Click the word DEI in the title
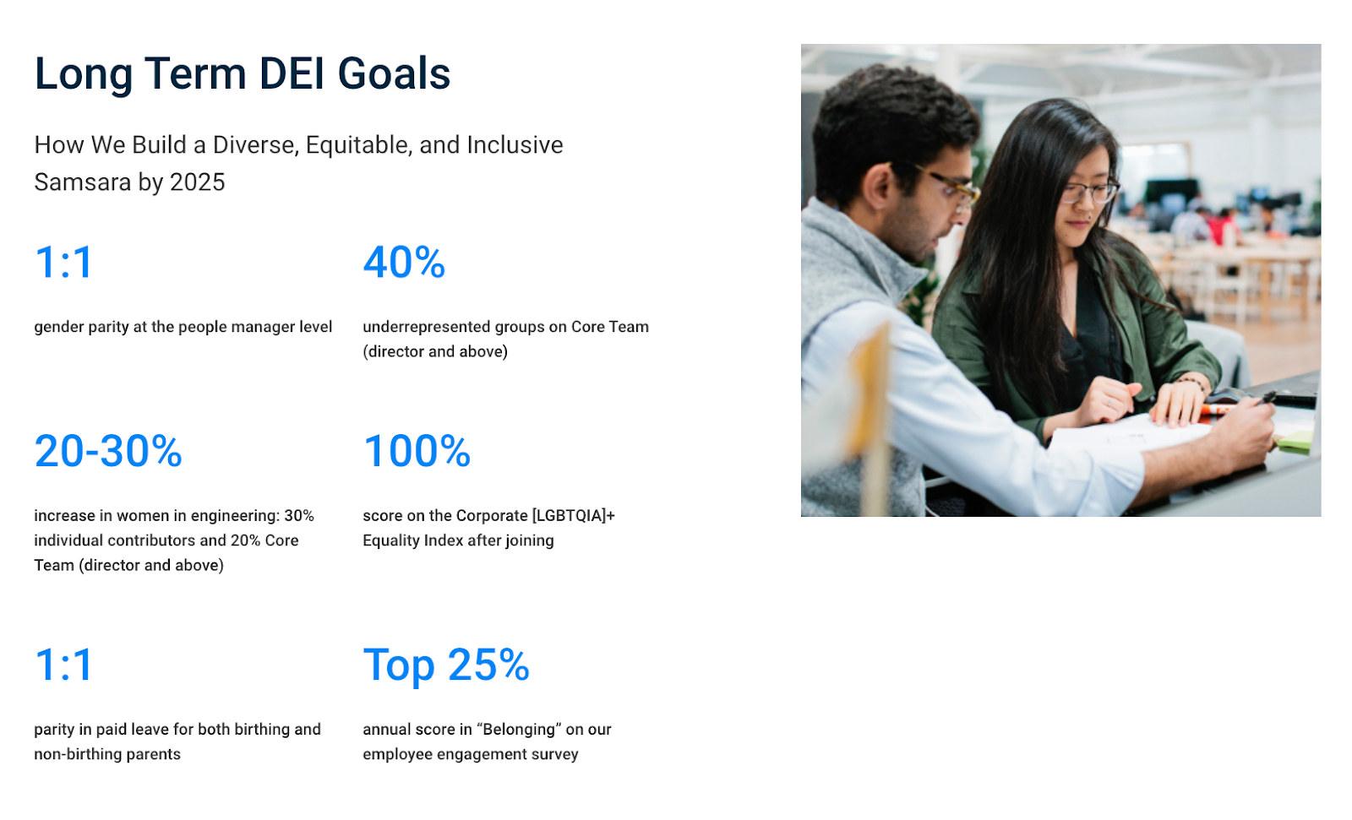(292, 73)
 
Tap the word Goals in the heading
(394, 73)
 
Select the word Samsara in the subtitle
(82, 182)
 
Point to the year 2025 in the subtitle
(198, 182)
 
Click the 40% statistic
(404, 263)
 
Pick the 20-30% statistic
(108, 451)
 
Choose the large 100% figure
(417, 451)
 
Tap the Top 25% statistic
(446, 665)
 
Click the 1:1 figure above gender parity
(63, 263)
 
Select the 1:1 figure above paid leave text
(63, 665)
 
